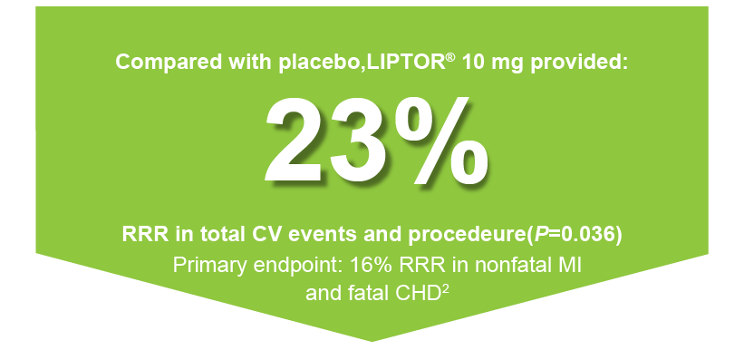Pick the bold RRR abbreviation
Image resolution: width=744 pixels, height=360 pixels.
144,234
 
